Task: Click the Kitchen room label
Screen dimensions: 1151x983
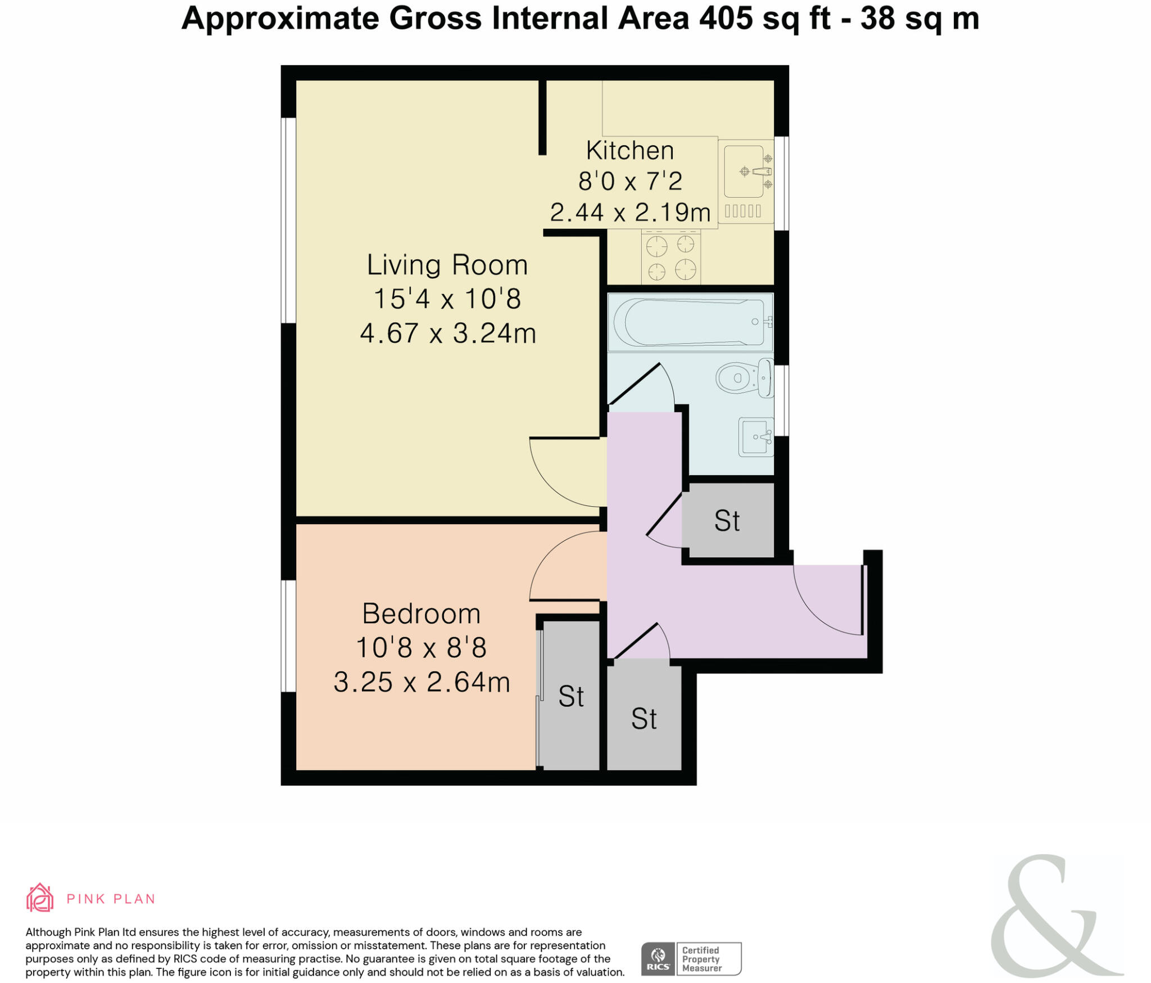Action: click(x=629, y=151)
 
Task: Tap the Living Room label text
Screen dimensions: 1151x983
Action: click(x=447, y=265)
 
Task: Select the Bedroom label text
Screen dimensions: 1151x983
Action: click(x=422, y=614)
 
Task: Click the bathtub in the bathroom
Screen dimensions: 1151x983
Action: click(x=691, y=322)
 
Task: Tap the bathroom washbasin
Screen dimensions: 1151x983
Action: click(x=756, y=437)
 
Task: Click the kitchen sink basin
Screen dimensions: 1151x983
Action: click(x=744, y=172)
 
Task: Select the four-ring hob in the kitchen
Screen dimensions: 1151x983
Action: click(x=671, y=256)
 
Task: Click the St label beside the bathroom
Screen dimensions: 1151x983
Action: click(x=727, y=521)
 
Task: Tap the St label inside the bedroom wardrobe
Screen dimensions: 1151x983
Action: click(x=571, y=697)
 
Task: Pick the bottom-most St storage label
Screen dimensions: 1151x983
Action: click(x=644, y=719)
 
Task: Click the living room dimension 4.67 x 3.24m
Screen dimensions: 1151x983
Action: click(x=448, y=333)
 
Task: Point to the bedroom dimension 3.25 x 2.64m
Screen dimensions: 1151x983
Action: click(x=422, y=682)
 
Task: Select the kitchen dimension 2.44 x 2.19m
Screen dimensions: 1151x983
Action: click(x=630, y=213)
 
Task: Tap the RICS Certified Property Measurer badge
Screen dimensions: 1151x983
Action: click(x=691, y=959)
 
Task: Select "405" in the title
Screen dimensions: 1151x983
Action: click(x=726, y=18)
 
